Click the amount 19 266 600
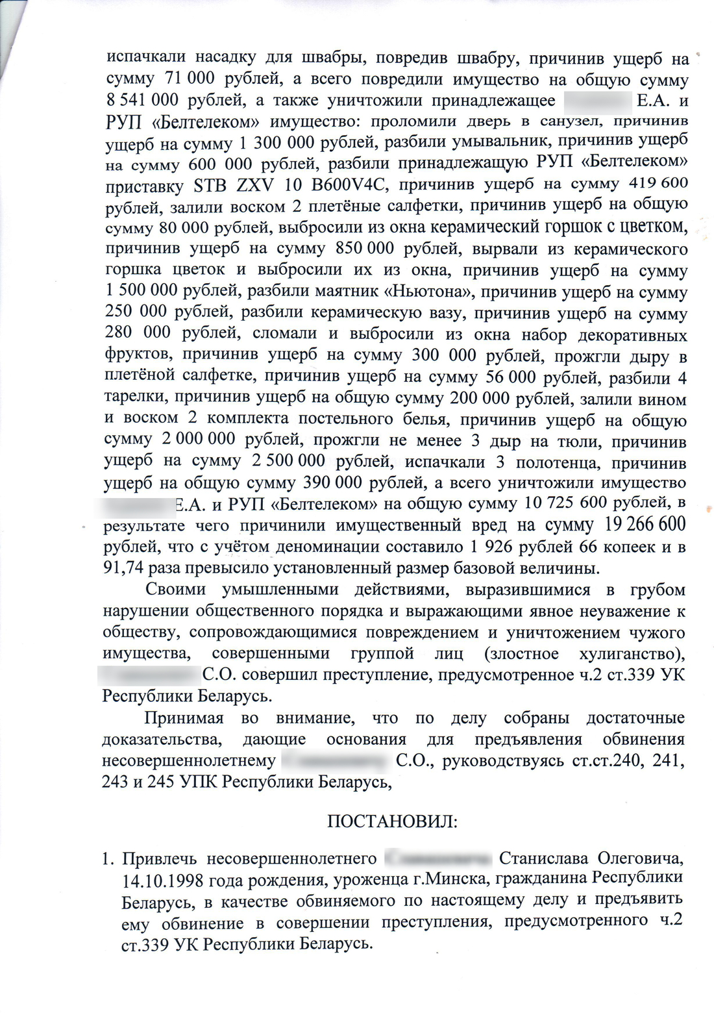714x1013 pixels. pyautogui.click(x=645, y=524)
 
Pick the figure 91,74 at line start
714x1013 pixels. pyautogui.click(x=124, y=568)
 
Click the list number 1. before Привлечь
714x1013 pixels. pyautogui.click(x=108, y=859)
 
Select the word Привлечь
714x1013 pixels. pyautogui.click(x=159, y=859)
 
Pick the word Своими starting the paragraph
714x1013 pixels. pyautogui.click(x=176, y=590)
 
